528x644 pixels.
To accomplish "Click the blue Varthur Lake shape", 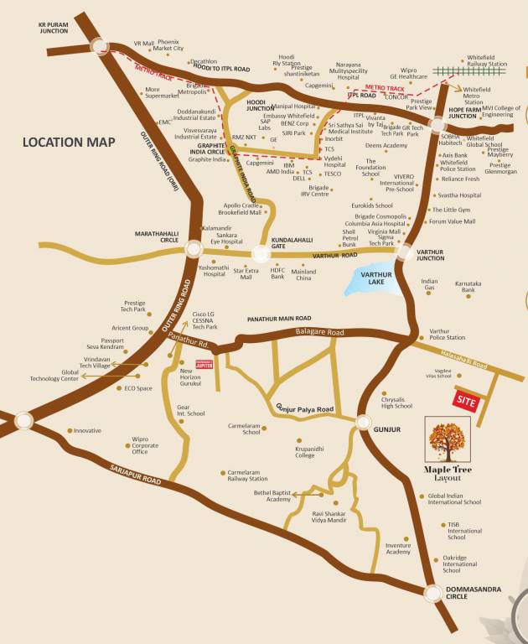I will [368, 283].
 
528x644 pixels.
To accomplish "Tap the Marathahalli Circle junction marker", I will [194, 249].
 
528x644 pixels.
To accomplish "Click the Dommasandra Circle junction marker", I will [432, 594].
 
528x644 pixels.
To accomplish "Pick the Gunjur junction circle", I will [363, 423].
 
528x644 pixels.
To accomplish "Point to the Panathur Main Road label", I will [279, 319].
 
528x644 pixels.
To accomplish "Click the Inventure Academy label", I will [398, 548].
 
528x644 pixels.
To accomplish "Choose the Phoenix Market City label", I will [168, 45].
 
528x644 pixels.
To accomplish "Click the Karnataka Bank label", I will [468, 287].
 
